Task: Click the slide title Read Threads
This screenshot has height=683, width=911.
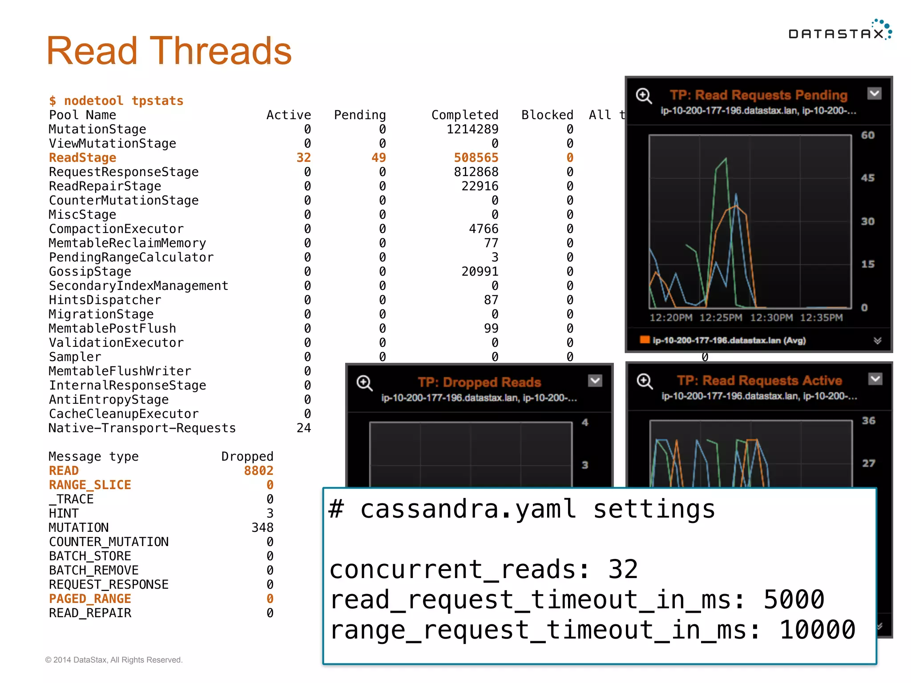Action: [169, 51]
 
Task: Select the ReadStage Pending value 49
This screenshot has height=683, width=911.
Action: [379, 158]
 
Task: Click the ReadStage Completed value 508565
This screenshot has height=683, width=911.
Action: [476, 158]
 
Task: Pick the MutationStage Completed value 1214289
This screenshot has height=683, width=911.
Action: [472, 129]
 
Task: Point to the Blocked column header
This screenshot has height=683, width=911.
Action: [547, 115]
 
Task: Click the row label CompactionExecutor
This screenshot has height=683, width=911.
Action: [116, 229]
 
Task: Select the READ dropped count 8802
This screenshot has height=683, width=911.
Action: [258, 471]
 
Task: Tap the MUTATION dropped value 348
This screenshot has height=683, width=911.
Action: [262, 528]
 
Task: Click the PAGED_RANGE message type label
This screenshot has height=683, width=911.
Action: [90, 599]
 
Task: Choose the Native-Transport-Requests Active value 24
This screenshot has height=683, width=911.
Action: [304, 428]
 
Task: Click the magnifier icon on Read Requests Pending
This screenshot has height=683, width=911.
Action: [644, 96]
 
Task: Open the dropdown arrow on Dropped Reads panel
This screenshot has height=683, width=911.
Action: [595, 381]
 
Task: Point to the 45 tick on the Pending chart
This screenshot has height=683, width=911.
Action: [867, 178]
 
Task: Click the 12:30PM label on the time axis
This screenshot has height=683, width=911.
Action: [771, 318]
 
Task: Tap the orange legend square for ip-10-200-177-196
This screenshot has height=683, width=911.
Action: [645, 340]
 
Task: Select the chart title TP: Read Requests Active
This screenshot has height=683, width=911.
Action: [759, 381]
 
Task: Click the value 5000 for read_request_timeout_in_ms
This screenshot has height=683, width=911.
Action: [794, 599]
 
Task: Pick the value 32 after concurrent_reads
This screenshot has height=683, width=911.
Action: [623, 569]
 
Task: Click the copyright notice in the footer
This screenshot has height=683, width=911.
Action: [114, 660]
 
